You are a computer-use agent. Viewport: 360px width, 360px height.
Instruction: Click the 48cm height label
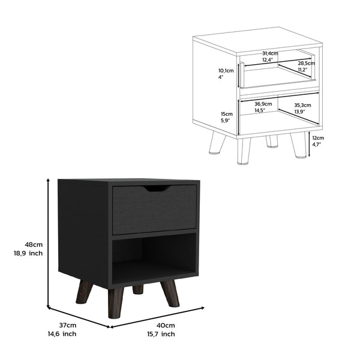tap(33, 244)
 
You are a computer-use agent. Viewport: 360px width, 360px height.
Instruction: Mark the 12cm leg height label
tap(318, 137)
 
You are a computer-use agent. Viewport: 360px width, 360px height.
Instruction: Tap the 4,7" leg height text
tap(317, 145)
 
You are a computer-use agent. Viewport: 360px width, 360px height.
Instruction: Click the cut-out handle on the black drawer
tap(155, 189)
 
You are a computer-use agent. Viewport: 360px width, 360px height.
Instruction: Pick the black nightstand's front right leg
tap(170, 293)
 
